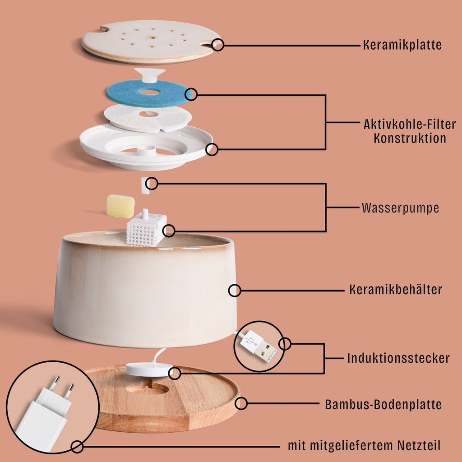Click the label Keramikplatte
402,45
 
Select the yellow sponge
120,206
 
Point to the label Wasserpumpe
400,208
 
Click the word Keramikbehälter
396,290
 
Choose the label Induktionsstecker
398,359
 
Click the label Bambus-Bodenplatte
383,404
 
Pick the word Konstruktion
410,138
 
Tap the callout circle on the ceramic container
235,290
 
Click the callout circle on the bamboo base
241,403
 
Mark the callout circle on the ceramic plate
218,45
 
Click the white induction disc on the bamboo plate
149,370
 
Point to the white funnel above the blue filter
150,74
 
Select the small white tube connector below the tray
145,185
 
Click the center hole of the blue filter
149,92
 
